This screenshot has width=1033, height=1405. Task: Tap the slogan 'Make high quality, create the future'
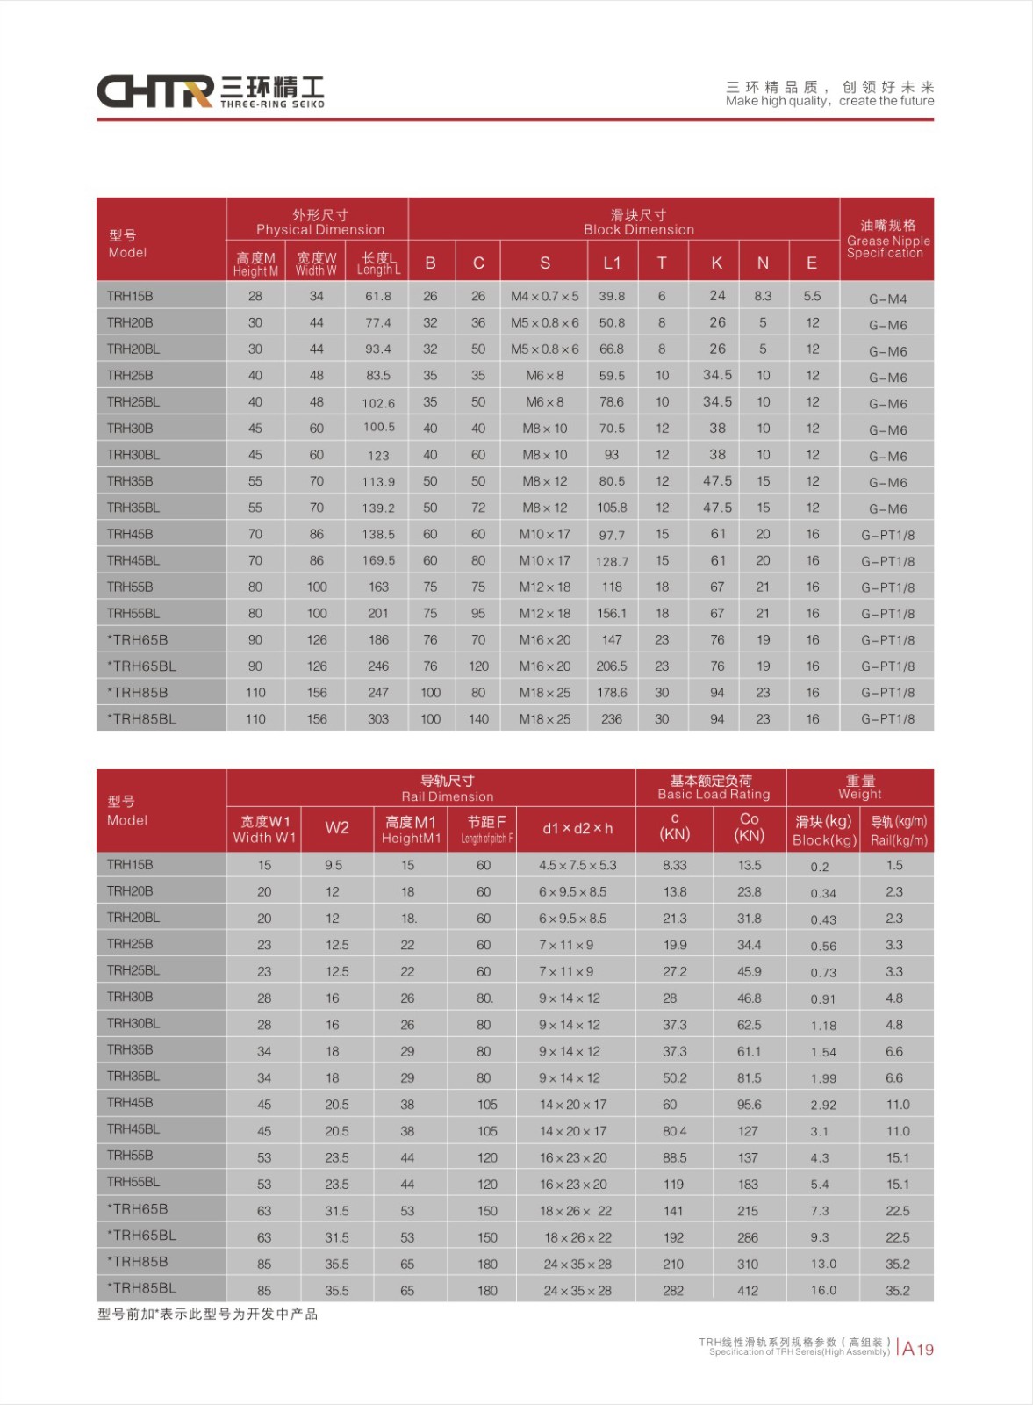pyautogui.click(x=829, y=101)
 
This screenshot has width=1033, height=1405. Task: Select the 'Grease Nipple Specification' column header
pyautogui.click(x=886, y=239)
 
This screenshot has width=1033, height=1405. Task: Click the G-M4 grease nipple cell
pyautogui.click(x=887, y=299)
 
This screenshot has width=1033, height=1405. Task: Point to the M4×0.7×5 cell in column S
pyautogui.click(x=544, y=297)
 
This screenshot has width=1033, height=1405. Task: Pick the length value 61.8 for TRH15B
pyautogui.click(x=378, y=297)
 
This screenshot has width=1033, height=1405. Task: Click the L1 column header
pyautogui.click(x=612, y=263)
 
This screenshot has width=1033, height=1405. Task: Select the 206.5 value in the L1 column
pyautogui.click(x=612, y=666)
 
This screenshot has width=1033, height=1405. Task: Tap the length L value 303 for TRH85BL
pyautogui.click(x=378, y=719)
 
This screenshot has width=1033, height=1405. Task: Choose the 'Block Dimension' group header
pyautogui.click(x=638, y=222)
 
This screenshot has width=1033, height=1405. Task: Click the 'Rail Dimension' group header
pyautogui.click(x=447, y=789)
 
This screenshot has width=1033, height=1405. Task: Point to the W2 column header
pyautogui.click(x=337, y=827)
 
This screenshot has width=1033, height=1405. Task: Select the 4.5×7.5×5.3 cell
pyautogui.click(x=577, y=866)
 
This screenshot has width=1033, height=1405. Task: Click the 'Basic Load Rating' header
pyautogui.click(x=713, y=788)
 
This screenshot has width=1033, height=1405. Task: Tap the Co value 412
pyautogui.click(x=748, y=1291)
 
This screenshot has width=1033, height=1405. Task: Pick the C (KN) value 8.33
pyautogui.click(x=674, y=866)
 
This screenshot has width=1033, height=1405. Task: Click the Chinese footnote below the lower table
pyautogui.click(x=207, y=1315)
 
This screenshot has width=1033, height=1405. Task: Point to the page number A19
pyautogui.click(x=918, y=1349)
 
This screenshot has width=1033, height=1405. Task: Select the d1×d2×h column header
pyautogui.click(x=577, y=828)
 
